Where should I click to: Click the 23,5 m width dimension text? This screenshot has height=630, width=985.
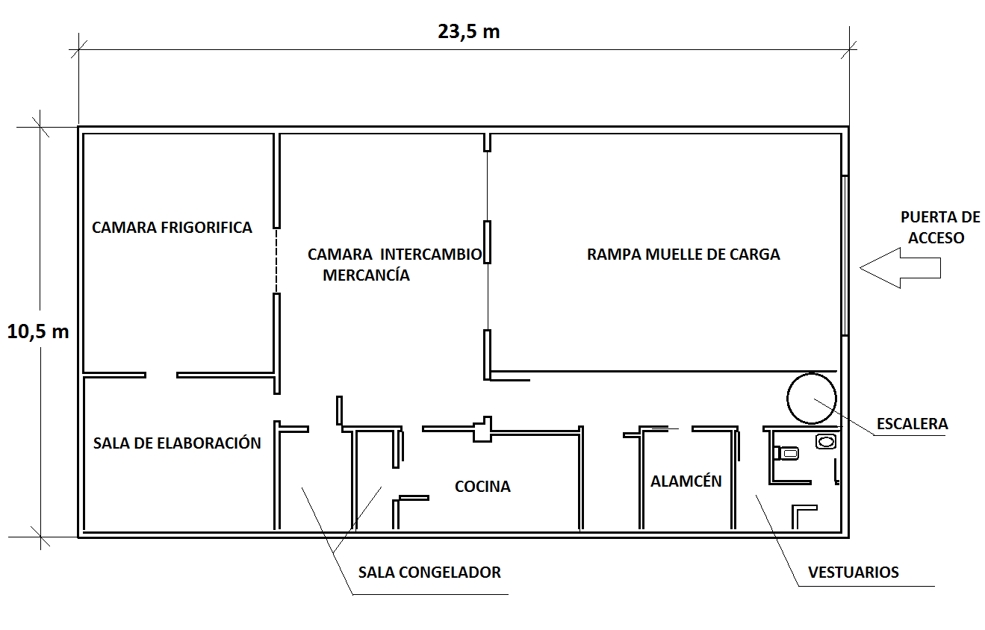tap(468, 32)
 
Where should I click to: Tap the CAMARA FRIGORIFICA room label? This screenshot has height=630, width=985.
tap(172, 228)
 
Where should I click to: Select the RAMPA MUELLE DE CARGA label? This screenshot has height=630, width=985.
tap(683, 255)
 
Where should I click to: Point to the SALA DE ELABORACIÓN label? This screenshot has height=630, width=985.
tap(177, 443)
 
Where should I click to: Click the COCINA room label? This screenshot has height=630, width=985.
tap(482, 487)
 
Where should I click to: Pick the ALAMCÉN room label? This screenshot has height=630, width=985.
tap(686, 481)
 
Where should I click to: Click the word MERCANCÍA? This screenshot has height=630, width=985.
tap(366, 275)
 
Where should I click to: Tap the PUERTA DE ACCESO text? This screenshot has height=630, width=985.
tap(939, 228)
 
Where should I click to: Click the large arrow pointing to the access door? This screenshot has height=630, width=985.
tap(899, 268)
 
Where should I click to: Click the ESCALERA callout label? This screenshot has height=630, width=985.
tap(912, 424)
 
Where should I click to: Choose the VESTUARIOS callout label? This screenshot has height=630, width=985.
tap(853, 573)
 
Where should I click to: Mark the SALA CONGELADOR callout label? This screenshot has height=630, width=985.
tap(429, 573)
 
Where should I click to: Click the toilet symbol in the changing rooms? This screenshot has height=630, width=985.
tap(786, 452)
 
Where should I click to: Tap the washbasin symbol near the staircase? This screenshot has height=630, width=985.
tap(825, 441)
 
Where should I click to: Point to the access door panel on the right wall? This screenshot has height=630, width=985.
tap(845, 255)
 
